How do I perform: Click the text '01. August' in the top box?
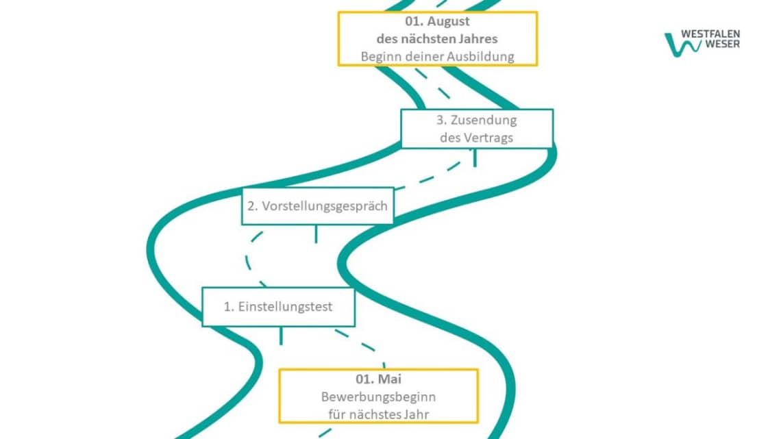click(437, 21)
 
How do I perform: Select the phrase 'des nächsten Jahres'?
click(437, 38)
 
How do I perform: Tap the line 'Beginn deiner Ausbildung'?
click(437, 56)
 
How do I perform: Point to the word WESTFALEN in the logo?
click(710, 34)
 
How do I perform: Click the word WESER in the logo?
click(721, 45)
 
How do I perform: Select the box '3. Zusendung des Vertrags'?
click(476, 128)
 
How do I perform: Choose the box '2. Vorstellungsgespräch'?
click(317, 205)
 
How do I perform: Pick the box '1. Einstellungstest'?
click(278, 306)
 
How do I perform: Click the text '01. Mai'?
click(378, 379)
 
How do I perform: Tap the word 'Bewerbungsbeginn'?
click(378, 397)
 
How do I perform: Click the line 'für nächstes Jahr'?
click(378, 414)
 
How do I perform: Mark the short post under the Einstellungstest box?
click(280, 335)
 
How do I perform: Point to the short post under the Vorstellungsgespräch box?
click(315, 233)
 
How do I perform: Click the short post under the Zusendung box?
click(474, 157)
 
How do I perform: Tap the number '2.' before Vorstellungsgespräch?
click(252, 205)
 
